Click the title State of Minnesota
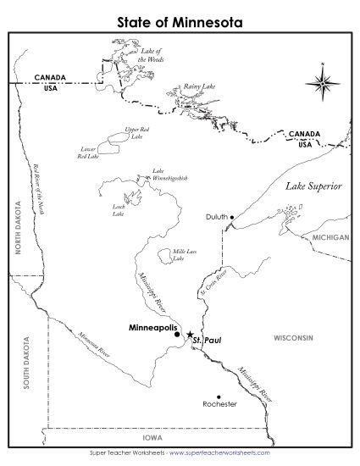[x=180, y=18]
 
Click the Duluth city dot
[x=232, y=217]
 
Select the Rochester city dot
[x=219, y=397]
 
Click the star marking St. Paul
[x=190, y=335]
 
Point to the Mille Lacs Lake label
[x=179, y=255]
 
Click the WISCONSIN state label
[x=293, y=337]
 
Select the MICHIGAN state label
[x=329, y=238]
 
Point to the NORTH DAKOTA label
[x=16, y=227]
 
